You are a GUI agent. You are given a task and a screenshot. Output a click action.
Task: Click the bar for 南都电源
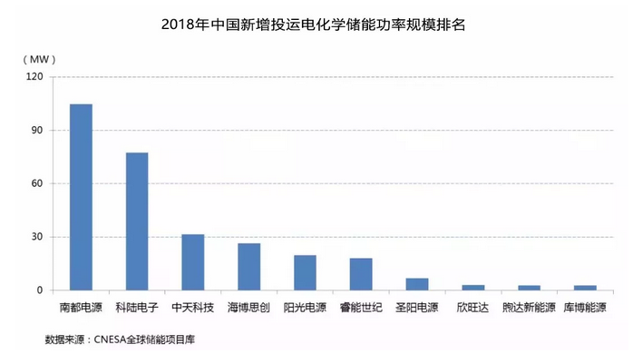pos(81,197)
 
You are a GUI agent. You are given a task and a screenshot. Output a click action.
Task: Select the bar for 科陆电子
pos(137,221)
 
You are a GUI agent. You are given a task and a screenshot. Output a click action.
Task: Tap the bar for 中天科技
pos(193,262)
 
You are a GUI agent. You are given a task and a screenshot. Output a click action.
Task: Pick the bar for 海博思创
pos(248,267)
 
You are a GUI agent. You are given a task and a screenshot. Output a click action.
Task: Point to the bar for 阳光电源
pos(305,272)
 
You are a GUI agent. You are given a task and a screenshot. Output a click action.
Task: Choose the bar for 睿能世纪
pos(361,274)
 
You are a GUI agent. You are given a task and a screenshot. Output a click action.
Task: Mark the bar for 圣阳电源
pos(417,284)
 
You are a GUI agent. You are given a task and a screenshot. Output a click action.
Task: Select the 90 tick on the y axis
pos(36,130)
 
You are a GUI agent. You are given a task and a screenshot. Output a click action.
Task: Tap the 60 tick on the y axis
pos(36,183)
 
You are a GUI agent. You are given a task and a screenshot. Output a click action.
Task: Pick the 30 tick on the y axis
pos(36,237)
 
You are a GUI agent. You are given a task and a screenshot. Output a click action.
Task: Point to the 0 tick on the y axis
pos(40,290)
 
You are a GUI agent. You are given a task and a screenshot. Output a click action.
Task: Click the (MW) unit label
pos(37,58)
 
